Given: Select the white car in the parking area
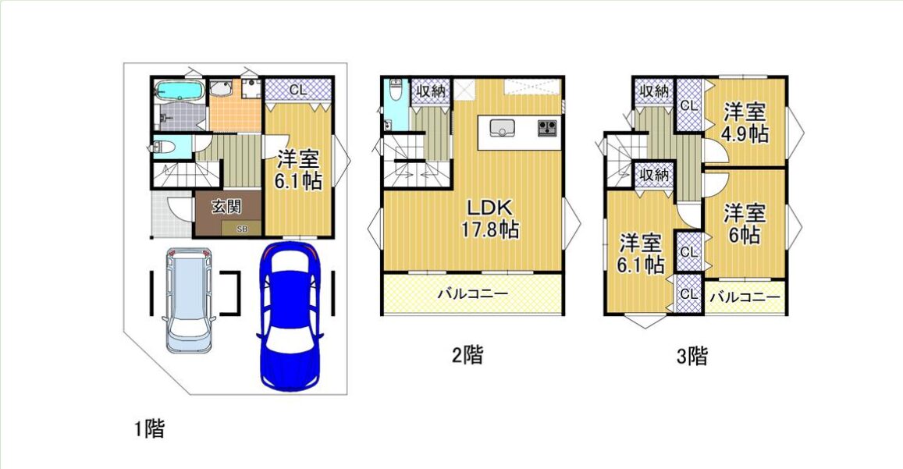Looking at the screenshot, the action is click(x=188, y=300).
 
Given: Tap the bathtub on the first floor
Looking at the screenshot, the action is click(x=179, y=91).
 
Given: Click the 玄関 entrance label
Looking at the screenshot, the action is click(x=226, y=206).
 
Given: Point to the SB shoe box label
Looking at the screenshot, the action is click(x=242, y=229).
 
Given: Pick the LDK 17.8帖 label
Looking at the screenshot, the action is click(x=490, y=219).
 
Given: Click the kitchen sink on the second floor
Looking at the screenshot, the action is click(x=502, y=128).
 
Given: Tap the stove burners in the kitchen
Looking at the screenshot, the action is click(x=548, y=127).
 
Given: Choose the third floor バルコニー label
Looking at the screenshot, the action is click(x=745, y=297).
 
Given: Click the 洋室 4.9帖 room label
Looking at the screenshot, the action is click(x=745, y=123).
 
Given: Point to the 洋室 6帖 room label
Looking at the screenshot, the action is click(x=745, y=223).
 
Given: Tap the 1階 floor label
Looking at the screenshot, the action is click(x=150, y=428).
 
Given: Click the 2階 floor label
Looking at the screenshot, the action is click(x=467, y=354).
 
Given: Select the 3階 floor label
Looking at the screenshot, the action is click(x=691, y=356).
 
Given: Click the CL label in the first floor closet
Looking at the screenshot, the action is click(x=297, y=90).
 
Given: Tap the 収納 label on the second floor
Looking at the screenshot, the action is click(x=431, y=91).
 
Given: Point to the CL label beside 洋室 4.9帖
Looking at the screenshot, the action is click(x=689, y=106).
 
